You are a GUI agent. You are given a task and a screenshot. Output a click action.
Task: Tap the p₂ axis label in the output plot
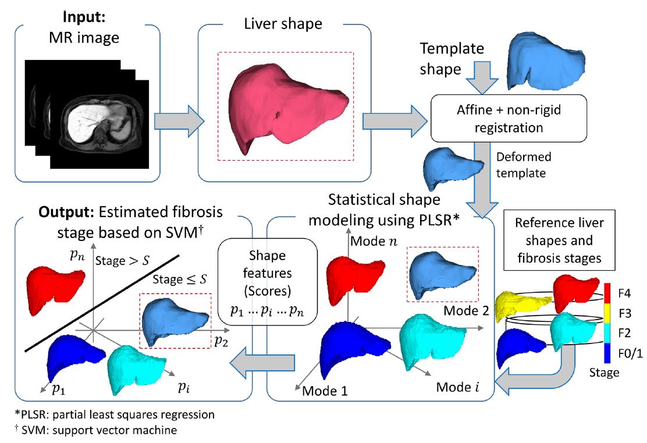220,342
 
